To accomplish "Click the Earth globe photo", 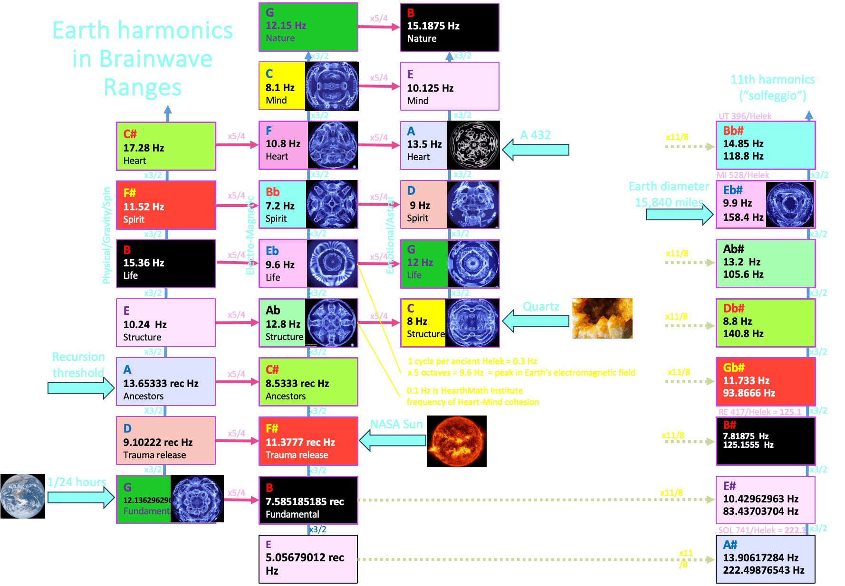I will click(22, 496).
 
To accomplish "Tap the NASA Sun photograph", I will click(457, 441).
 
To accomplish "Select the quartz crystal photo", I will click(602, 318).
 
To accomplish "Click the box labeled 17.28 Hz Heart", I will click(166, 146).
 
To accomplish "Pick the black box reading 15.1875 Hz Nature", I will click(450, 27).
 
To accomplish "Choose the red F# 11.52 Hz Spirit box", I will click(166, 205).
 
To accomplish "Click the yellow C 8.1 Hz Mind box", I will click(282, 86).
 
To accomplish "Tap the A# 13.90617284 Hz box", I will click(765, 559).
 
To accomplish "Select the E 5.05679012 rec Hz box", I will click(308, 559).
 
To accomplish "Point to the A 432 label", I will click(535, 135).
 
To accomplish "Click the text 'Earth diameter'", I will click(669, 186).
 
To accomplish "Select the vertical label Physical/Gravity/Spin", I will click(106, 235).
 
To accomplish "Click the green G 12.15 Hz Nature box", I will click(308, 27).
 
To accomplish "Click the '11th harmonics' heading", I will click(772, 79).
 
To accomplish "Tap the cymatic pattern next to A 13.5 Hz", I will click(473, 145).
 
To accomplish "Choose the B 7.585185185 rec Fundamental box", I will click(308, 500).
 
